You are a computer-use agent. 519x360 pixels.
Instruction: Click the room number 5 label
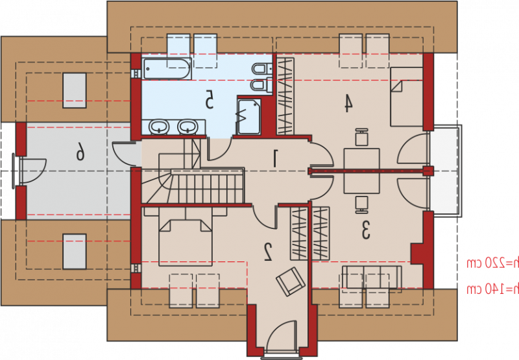click(209, 99)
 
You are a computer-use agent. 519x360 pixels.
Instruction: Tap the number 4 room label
click(347, 103)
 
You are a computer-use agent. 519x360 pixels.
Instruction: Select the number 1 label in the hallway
click(274, 158)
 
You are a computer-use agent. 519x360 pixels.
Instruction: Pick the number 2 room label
click(268, 252)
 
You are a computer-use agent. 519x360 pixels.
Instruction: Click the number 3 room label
click(365, 230)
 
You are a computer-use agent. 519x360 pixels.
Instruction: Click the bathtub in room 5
click(167, 69)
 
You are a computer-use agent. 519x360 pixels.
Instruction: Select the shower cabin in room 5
click(249, 117)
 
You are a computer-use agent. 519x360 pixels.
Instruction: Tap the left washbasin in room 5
click(159, 127)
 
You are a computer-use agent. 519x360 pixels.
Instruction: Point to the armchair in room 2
click(290, 282)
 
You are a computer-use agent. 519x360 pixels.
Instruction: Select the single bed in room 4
click(407, 97)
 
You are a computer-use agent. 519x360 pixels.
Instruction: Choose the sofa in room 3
click(372, 277)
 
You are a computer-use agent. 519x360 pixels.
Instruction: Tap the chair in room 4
click(362, 138)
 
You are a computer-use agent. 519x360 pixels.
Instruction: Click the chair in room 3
click(362, 205)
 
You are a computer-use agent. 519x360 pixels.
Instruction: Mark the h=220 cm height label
click(492, 263)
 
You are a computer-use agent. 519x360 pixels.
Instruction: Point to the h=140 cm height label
click(492, 289)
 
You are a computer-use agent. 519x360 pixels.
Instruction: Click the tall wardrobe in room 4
click(285, 96)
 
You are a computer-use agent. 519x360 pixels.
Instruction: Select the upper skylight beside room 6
click(75, 91)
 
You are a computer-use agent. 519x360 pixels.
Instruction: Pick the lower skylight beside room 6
click(75, 252)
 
